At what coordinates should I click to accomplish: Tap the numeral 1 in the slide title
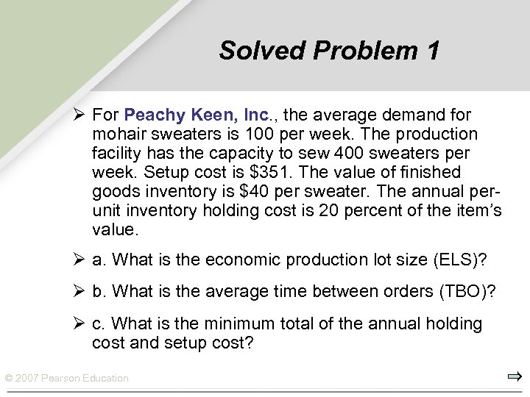(432, 51)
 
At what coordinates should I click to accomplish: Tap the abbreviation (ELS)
(458, 260)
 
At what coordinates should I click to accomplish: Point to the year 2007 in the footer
(26, 379)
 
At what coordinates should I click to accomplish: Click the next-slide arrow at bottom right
(514, 377)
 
